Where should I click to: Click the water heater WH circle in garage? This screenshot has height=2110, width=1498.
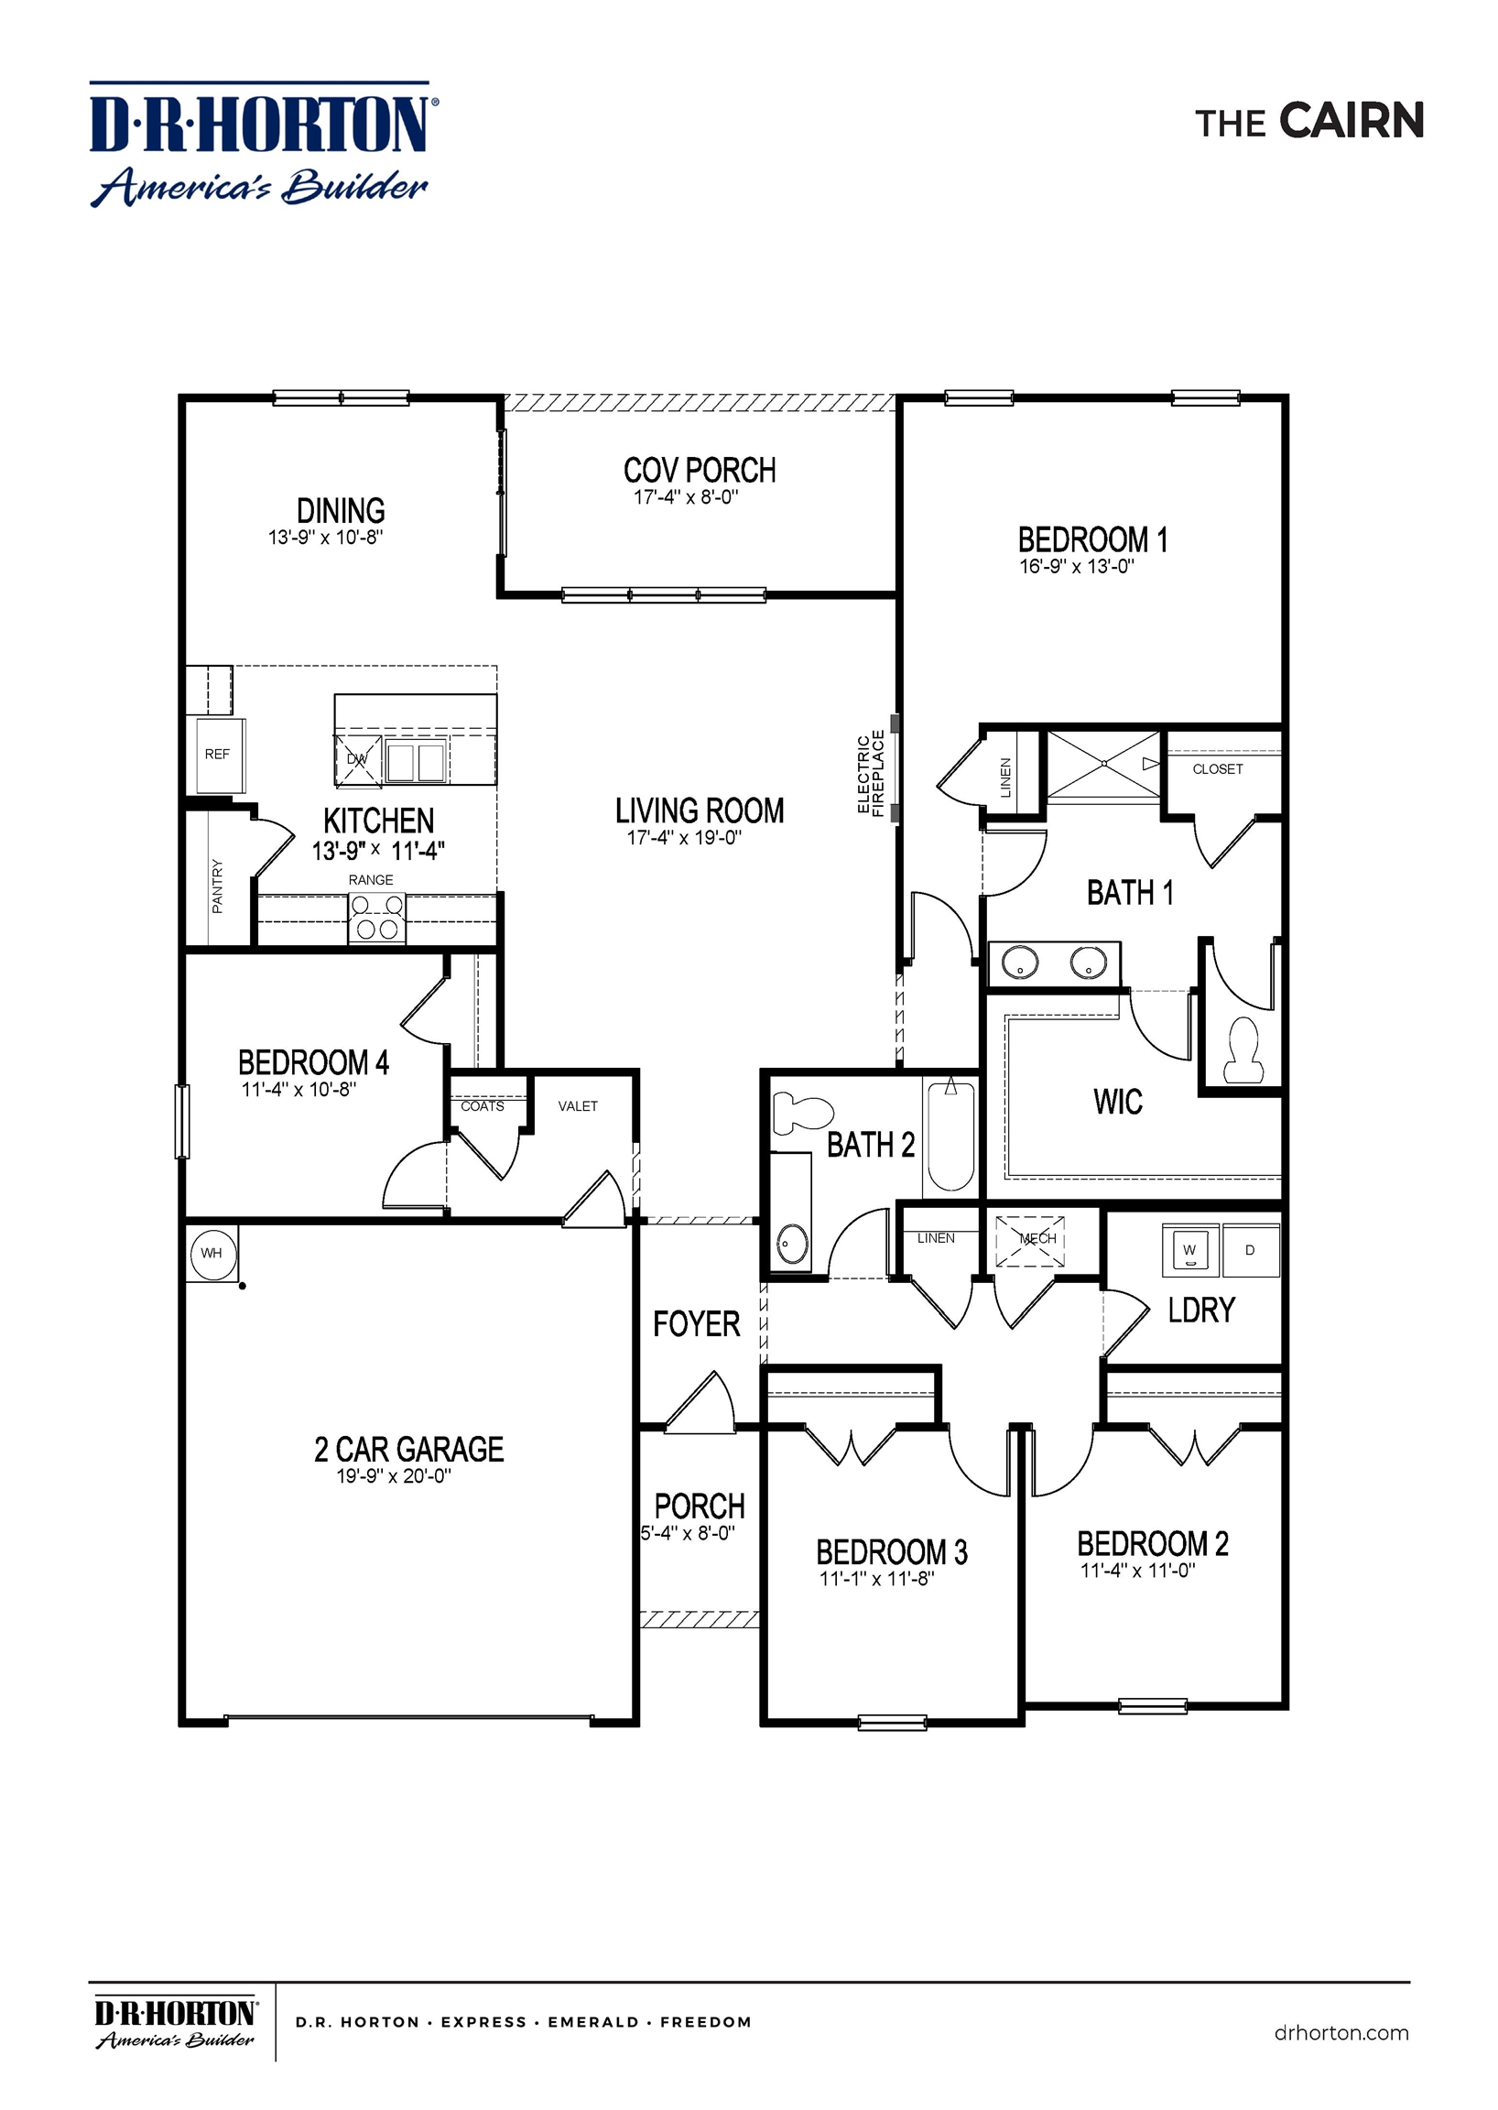212,1253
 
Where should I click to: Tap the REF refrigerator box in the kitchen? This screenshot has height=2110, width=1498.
217,754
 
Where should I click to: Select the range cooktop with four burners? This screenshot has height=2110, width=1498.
376,918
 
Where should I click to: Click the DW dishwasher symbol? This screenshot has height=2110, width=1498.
357,759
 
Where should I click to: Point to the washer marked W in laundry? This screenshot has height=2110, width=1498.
1189,1251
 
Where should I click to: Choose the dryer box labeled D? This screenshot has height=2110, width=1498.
1250,1251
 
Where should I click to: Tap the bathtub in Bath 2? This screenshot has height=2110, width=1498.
950,1137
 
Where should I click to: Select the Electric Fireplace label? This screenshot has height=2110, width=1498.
871,773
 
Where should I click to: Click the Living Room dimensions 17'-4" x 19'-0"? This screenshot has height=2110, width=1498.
684,838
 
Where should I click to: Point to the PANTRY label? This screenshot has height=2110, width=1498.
218,886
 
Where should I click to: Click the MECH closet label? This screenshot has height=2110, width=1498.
1037,1239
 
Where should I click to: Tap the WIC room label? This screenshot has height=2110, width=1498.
1118,1101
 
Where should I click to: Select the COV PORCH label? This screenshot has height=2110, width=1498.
700,471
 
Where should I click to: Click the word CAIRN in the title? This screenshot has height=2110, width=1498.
1351,122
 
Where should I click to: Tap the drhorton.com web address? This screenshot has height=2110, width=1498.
1341,2032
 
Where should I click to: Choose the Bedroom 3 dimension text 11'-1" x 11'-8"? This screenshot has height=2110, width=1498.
876,1580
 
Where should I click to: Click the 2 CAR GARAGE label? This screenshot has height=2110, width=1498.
408,1450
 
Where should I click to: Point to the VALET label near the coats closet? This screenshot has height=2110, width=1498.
578,1106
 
